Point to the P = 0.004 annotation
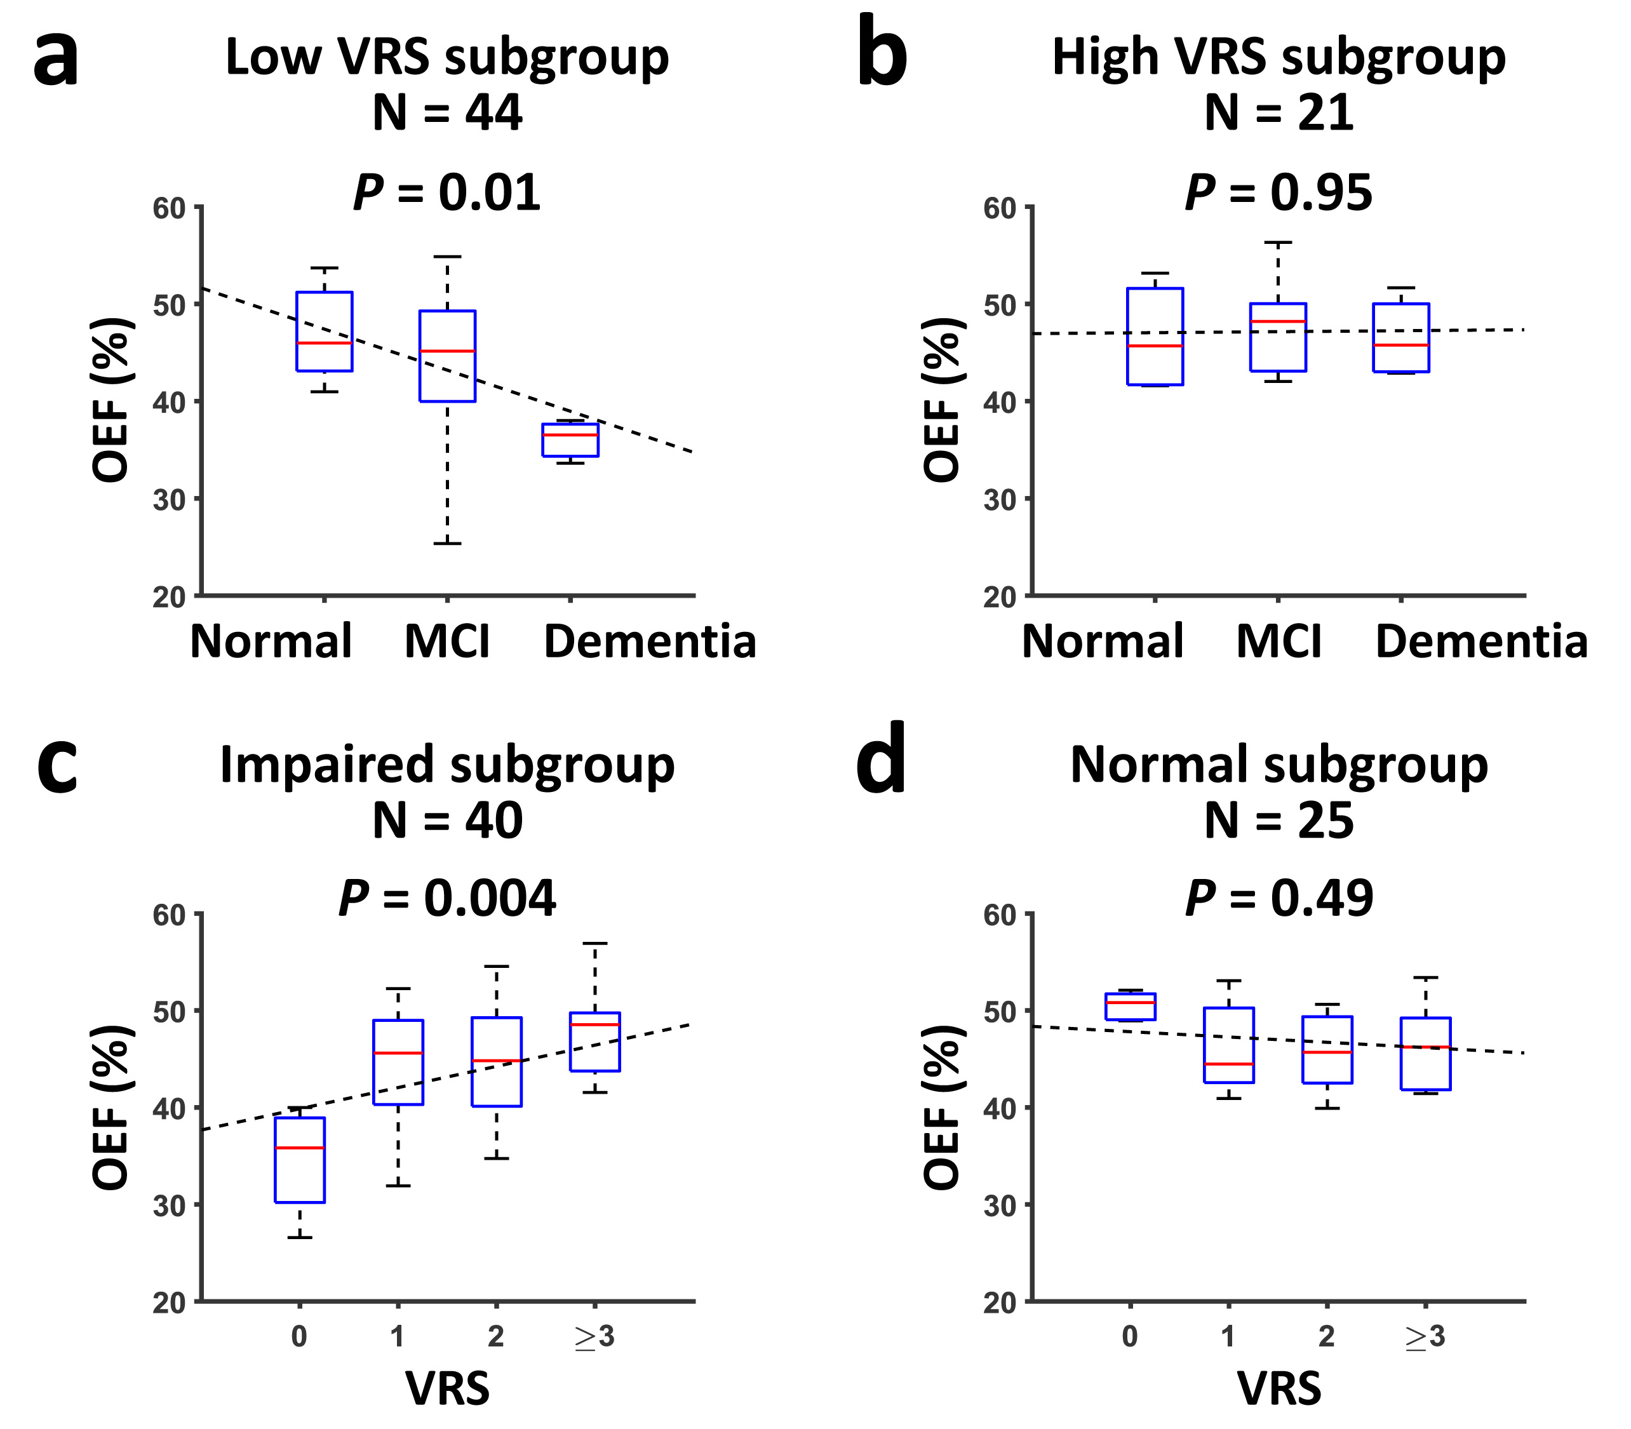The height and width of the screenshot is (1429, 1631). (446, 899)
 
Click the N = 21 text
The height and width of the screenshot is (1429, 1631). (1279, 112)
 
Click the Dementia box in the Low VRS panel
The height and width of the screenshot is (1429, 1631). (570, 440)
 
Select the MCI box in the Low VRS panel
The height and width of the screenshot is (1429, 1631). (447, 356)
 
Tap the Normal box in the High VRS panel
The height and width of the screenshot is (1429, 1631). (1155, 337)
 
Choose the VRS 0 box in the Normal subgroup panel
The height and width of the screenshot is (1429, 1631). (1130, 1007)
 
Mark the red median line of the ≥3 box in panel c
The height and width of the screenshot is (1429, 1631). (595, 1024)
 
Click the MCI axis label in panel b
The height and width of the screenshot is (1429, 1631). (1279, 641)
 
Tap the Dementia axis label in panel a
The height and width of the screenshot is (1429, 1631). (650, 641)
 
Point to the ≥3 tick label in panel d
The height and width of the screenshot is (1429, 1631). (1425, 1336)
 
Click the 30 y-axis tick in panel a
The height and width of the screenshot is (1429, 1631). (168, 500)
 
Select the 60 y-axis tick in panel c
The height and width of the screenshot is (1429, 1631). (168, 915)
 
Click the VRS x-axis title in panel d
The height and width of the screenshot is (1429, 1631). (1279, 1388)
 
